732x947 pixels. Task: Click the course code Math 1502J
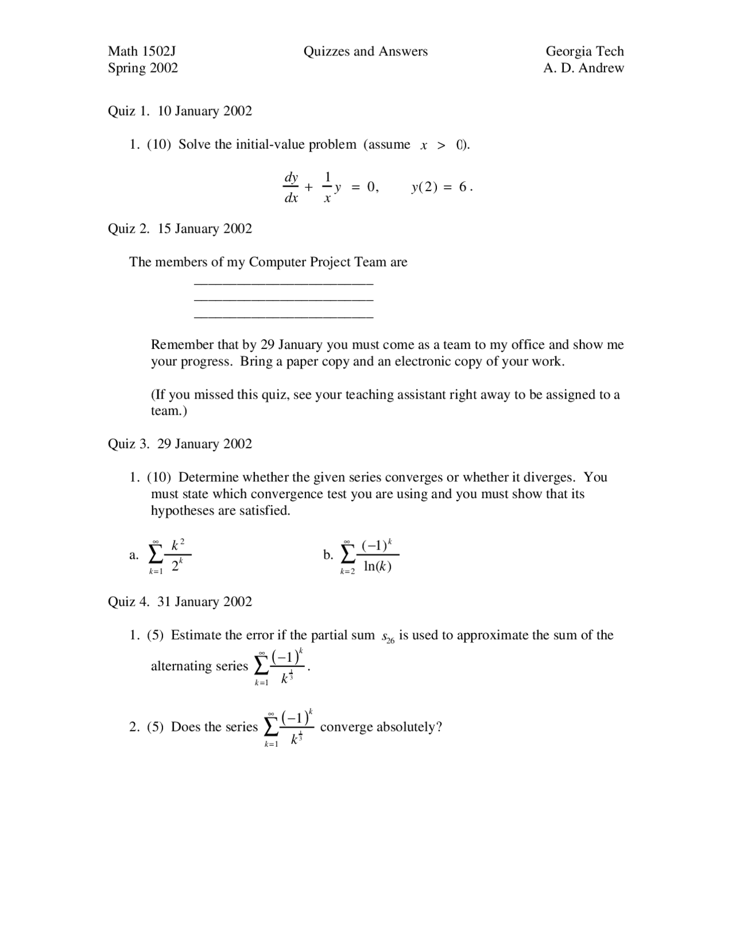[142, 51]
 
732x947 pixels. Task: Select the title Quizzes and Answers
[365, 51]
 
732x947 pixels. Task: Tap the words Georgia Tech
[584, 51]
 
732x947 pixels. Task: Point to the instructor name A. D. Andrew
[583, 68]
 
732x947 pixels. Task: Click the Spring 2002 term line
[143, 68]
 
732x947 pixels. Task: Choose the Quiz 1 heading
[180, 111]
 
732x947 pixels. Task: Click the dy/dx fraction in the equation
[291, 188]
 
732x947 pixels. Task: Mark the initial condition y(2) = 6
[441, 188]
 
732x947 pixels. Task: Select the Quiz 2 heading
[180, 229]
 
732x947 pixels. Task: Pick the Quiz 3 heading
[180, 444]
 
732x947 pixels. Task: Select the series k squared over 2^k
[170, 555]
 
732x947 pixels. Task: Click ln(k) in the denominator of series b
[377, 567]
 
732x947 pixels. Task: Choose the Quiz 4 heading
[180, 602]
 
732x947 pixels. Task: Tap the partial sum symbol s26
[388, 638]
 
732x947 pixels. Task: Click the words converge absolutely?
[381, 727]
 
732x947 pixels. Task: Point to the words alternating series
[199, 666]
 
